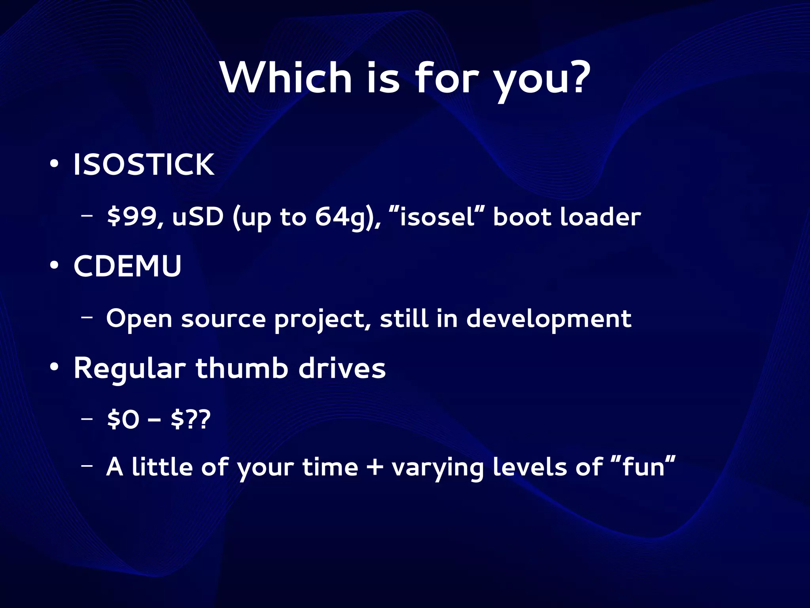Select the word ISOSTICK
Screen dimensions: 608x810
(144, 165)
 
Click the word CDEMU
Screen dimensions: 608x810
(127, 266)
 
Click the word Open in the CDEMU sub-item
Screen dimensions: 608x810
(139, 320)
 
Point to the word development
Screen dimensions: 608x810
(549, 320)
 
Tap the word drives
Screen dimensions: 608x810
(342, 368)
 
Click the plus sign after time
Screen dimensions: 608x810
(375, 467)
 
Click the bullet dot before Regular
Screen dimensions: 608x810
(54, 367)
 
